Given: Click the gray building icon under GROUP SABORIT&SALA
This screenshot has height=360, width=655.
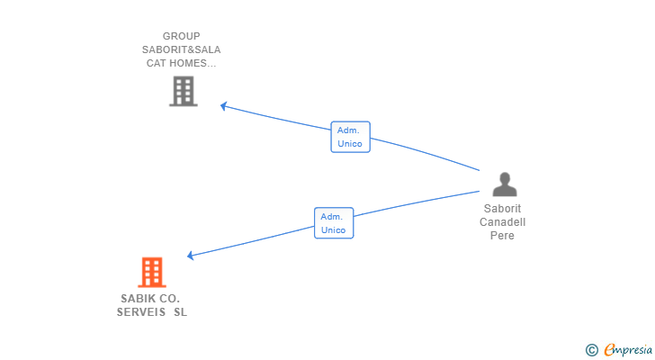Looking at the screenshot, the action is coord(183,91).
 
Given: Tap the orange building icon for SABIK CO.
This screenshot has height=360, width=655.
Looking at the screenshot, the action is coord(152,273).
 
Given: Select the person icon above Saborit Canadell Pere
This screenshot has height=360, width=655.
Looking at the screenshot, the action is coord(505,184).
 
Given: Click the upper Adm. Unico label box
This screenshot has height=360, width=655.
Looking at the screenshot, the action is coord(351,137).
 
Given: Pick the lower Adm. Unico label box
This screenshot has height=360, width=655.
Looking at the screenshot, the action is coord(334,223).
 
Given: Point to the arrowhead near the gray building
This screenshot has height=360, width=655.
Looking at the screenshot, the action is coord(224,106).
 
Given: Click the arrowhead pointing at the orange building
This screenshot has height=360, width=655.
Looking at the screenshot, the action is coord(191,256).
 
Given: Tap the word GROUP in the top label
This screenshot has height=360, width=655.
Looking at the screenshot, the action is coord(182,36).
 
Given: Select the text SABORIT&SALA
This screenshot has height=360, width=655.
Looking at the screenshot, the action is coord(182,49).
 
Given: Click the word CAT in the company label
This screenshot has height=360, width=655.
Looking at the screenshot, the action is coord(156,63).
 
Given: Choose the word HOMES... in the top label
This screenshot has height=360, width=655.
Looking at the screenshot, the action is coord(193,63).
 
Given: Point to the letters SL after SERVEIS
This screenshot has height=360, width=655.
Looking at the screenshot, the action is coord(181,312).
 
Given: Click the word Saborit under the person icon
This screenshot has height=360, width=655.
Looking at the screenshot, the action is coord(503,209).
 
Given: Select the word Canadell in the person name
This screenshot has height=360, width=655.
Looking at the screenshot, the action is coord(503,221).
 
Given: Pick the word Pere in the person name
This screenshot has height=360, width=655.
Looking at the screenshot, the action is coord(502,235).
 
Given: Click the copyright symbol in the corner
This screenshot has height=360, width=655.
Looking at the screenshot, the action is coord(591,350).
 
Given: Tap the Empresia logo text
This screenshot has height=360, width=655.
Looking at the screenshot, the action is coord(628,349).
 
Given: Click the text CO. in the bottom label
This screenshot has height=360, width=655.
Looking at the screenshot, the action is coord(169,299).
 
